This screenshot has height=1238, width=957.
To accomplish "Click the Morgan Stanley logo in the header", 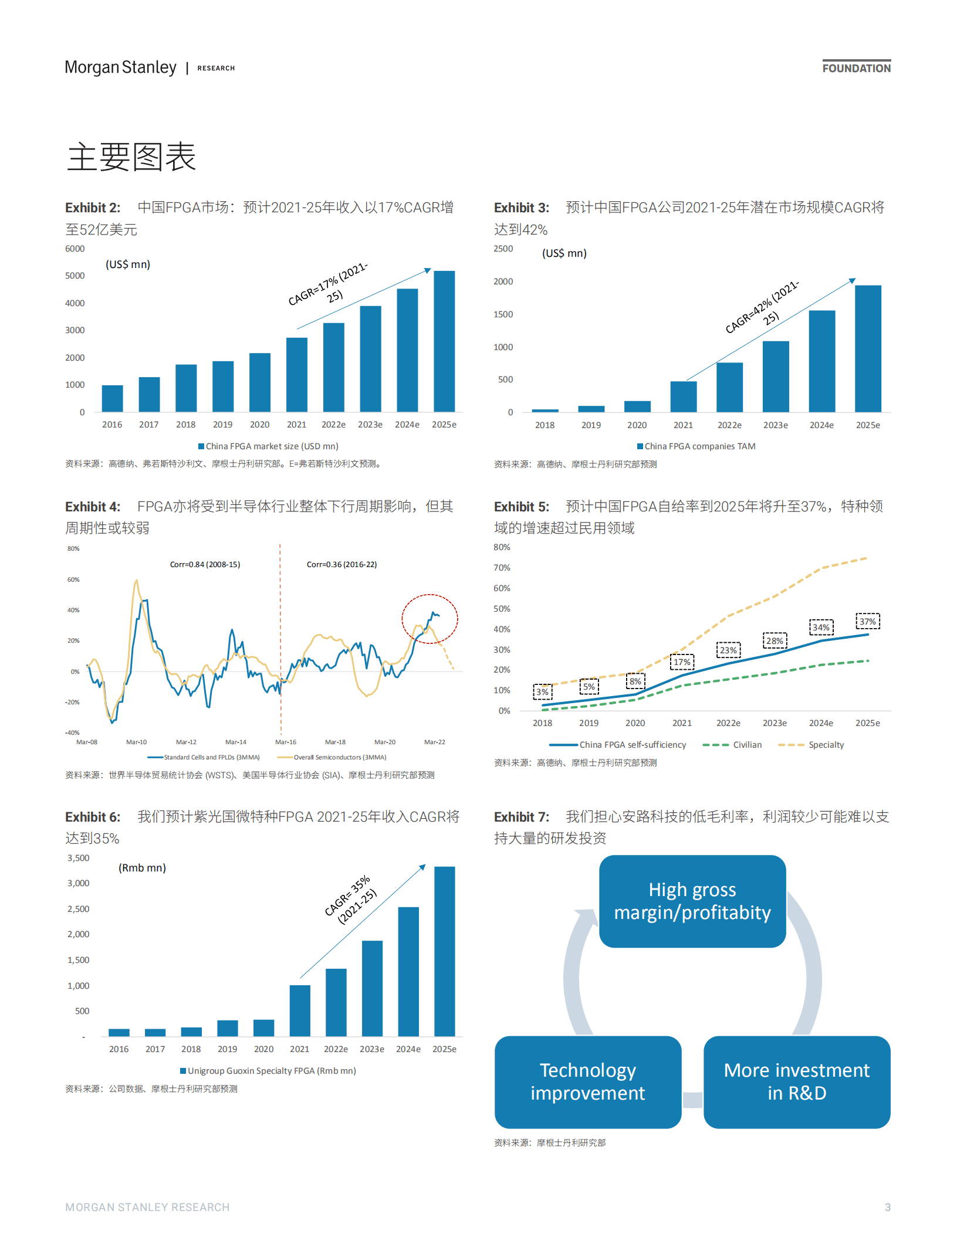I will [120, 67].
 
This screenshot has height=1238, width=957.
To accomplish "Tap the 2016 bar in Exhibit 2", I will [112, 398].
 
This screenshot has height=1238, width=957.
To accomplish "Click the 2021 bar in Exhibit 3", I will [683, 396].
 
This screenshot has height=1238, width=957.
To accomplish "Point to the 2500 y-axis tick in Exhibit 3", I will [503, 249].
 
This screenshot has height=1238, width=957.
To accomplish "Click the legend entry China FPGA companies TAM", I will [696, 446].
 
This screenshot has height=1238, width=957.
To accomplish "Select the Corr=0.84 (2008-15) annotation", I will [205, 564].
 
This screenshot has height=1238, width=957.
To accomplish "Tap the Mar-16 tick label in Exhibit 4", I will [286, 742].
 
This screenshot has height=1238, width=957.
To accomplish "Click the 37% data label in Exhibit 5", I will [867, 621].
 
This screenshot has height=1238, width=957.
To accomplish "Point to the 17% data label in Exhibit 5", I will [682, 662].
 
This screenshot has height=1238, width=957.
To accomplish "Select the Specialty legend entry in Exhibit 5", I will [826, 745].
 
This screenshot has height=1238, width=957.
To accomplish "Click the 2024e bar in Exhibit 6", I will [408, 971].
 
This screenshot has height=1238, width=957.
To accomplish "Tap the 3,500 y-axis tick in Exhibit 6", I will [79, 858].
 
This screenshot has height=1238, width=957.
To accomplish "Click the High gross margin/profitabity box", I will [692, 901].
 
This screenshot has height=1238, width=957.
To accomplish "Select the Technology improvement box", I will [587, 1081].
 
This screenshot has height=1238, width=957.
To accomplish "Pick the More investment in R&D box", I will [796, 1081].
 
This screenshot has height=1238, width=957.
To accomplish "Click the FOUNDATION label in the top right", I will [856, 68].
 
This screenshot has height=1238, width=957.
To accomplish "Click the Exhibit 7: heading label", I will [521, 817].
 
